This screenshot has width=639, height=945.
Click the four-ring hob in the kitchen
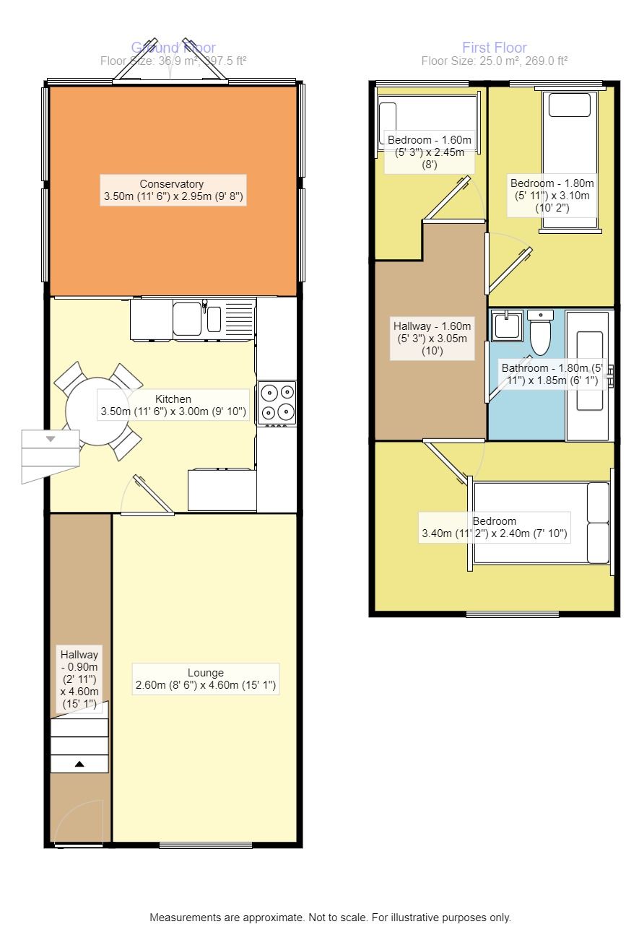pos(277,402)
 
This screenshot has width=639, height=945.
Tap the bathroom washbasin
pos(507,326)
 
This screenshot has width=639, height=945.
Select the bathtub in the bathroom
pos(590,375)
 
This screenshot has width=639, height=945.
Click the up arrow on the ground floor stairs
pos(79,763)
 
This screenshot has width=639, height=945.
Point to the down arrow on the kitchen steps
pos(51,439)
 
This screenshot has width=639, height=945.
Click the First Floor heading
pos(495,48)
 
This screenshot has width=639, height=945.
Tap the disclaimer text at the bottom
pos(330,918)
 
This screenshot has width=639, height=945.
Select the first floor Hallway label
pos(432,339)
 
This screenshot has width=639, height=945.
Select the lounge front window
pos(206,845)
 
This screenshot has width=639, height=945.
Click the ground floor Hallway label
pos(79,679)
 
